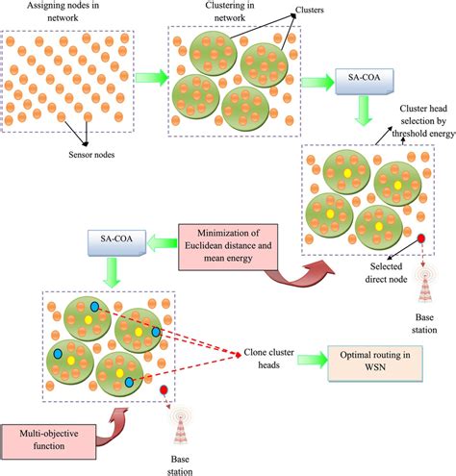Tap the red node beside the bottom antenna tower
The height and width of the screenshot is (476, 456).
tap(165, 390)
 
